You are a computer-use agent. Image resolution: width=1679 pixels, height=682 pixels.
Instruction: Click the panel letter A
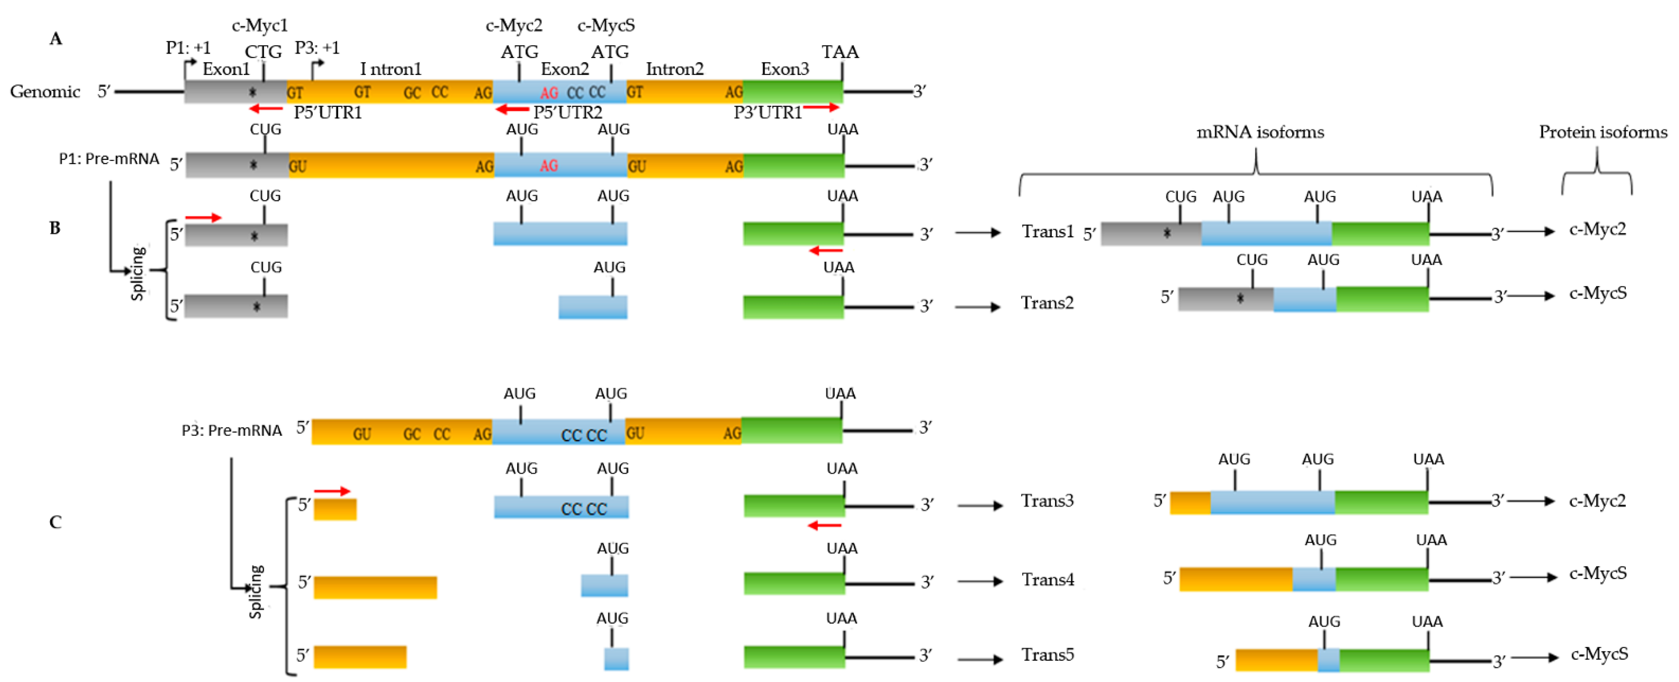click(x=56, y=39)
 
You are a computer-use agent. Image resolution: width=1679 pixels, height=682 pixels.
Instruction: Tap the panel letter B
click(x=56, y=228)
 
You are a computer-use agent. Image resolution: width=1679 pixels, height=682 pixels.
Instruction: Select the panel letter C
click(x=56, y=522)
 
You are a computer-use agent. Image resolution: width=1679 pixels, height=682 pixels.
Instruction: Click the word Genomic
click(x=45, y=91)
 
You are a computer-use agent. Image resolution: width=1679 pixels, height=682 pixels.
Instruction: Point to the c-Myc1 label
click(x=259, y=25)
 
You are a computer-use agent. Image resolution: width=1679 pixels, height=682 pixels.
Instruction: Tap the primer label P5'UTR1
click(x=327, y=113)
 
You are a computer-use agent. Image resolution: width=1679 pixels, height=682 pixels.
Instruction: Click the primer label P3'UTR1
click(x=767, y=113)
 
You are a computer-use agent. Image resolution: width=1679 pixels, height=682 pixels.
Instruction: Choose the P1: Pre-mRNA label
click(x=109, y=159)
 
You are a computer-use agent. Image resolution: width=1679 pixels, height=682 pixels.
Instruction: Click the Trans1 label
click(x=1047, y=232)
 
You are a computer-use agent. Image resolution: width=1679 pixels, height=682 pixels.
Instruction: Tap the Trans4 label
click(x=1047, y=580)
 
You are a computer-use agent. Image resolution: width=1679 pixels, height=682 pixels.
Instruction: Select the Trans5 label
click(x=1047, y=655)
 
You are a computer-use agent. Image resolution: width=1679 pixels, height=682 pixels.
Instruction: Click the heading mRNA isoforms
click(x=1259, y=133)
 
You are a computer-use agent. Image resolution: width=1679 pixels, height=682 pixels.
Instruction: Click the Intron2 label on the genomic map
click(x=674, y=69)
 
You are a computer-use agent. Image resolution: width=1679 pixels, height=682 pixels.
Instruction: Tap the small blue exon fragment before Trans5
click(x=616, y=659)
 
